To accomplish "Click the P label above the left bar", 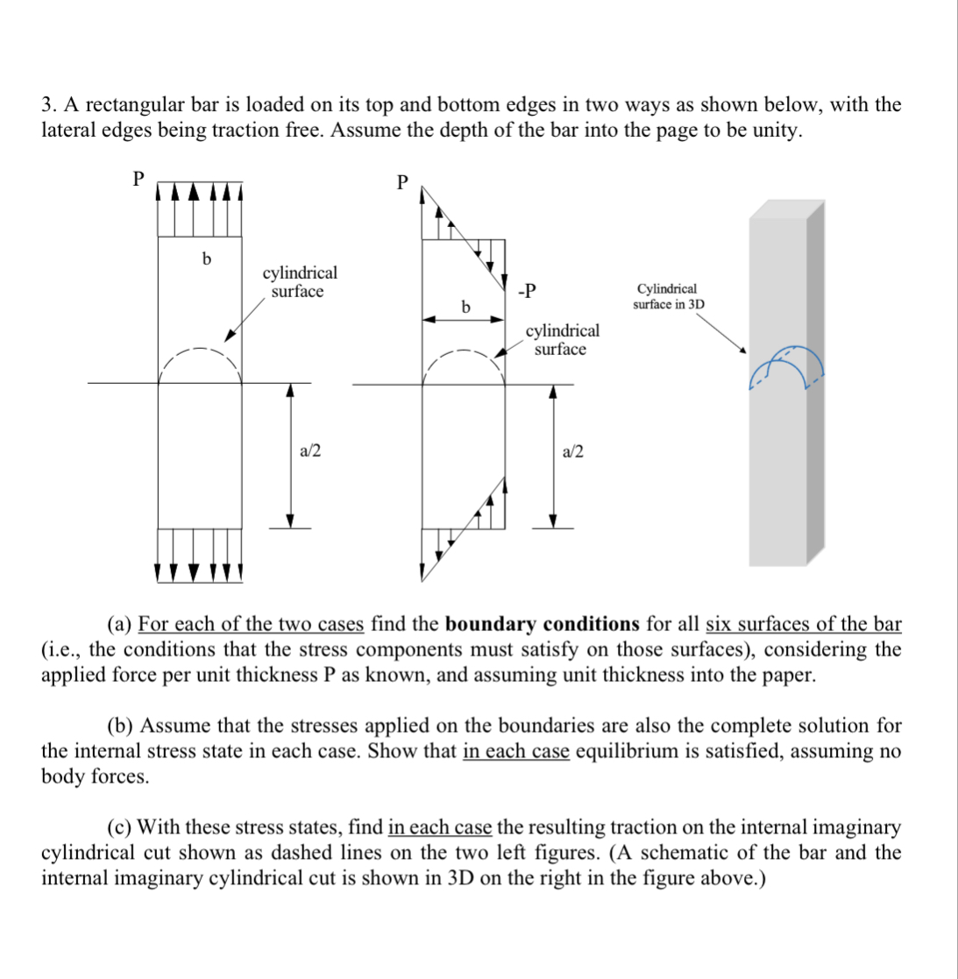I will pos(137,179).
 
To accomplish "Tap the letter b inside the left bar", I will pos(206,259).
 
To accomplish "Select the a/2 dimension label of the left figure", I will pos(310,451).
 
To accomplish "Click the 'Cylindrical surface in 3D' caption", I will pos(668,296).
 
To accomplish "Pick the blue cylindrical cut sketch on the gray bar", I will pos(787,368).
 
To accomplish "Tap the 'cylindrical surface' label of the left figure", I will pos(300,282).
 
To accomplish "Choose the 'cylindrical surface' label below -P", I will pos(563,339).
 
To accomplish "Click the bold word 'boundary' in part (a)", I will pos(492,624).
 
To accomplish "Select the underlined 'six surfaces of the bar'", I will pos(803,624).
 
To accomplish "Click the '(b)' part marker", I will pos(121,726).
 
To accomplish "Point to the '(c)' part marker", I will pos(120,826).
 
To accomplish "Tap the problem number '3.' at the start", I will pos(49,105).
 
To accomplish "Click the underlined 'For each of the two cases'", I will pos(251,624).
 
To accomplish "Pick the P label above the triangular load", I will pos(401,182).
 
